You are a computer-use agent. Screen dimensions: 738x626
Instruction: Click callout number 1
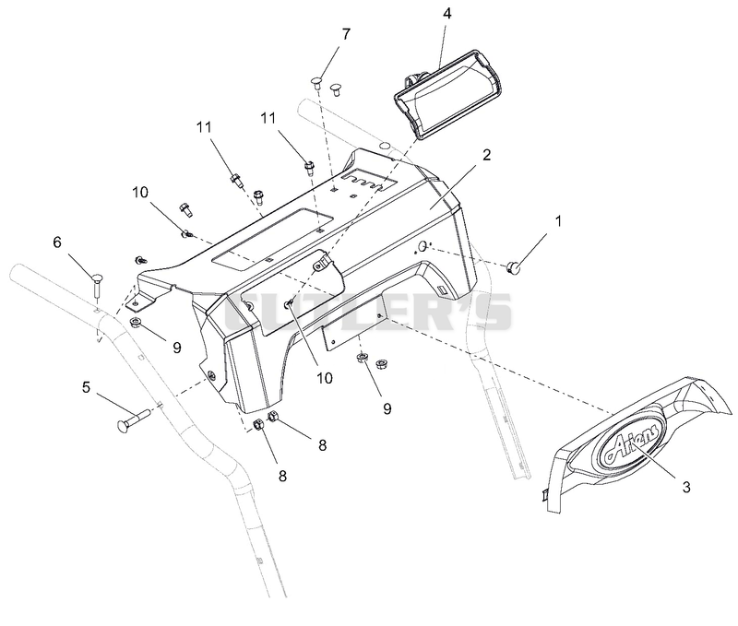(x=559, y=221)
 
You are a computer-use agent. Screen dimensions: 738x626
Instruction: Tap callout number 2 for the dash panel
(x=486, y=155)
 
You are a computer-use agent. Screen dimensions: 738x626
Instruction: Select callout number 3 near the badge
(x=686, y=488)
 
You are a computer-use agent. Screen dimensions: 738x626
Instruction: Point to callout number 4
(x=447, y=14)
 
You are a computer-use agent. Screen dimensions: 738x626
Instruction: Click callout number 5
(x=86, y=387)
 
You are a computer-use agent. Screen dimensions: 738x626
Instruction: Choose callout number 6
(x=57, y=242)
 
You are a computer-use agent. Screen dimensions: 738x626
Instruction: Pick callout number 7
(x=346, y=34)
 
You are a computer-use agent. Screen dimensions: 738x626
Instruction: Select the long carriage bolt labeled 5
(x=132, y=419)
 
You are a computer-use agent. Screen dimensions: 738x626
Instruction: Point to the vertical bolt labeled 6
(x=97, y=285)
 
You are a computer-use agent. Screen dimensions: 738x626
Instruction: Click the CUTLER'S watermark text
(x=367, y=312)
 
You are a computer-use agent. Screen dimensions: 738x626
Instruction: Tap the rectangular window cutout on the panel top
(x=272, y=240)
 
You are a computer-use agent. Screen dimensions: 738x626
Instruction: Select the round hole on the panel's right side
(x=423, y=245)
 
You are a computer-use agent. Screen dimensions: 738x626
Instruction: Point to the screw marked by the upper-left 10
(x=187, y=233)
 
